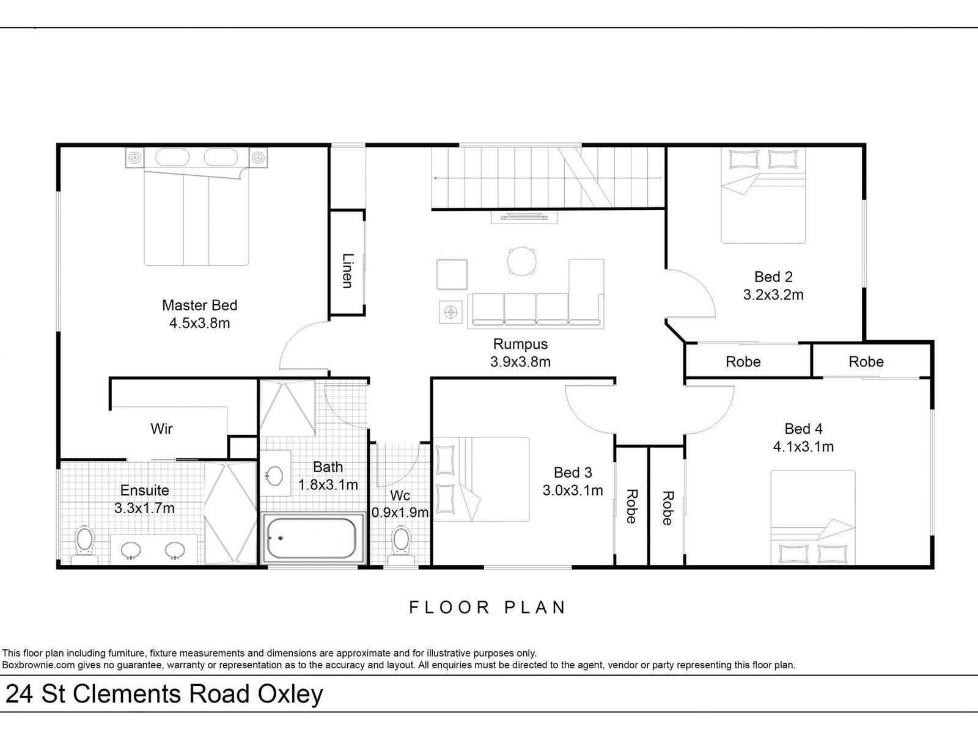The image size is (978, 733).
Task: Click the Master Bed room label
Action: pyautogui.click(x=200, y=305)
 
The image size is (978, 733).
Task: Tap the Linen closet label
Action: pyautogui.click(x=348, y=271)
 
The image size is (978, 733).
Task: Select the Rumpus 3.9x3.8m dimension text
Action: pyautogui.click(x=520, y=362)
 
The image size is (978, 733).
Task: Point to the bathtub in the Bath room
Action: pyautogui.click(x=313, y=539)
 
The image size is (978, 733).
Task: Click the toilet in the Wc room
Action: pyautogui.click(x=400, y=545)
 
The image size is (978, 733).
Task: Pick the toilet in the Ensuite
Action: pyautogui.click(x=84, y=545)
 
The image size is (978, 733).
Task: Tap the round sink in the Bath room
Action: pyautogui.click(x=274, y=475)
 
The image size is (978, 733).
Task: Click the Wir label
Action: pyautogui.click(x=161, y=429)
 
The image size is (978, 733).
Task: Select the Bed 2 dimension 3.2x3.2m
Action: pyautogui.click(x=773, y=294)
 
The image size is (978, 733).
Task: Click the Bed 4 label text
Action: pyautogui.click(x=803, y=429)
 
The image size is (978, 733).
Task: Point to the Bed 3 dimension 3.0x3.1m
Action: pyautogui.click(x=573, y=490)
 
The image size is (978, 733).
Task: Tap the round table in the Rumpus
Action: pyautogui.click(x=521, y=261)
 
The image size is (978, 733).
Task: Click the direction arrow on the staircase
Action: pyautogui.click(x=548, y=178)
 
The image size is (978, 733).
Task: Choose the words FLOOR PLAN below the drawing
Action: pyautogui.click(x=487, y=608)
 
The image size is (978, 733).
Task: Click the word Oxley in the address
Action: pyautogui.click(x=290, y=695)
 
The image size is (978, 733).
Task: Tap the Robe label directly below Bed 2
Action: pyautogui.click(x=743, y=362)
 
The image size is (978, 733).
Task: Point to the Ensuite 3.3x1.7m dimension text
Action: pyautogui.click(x=144, y=508)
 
